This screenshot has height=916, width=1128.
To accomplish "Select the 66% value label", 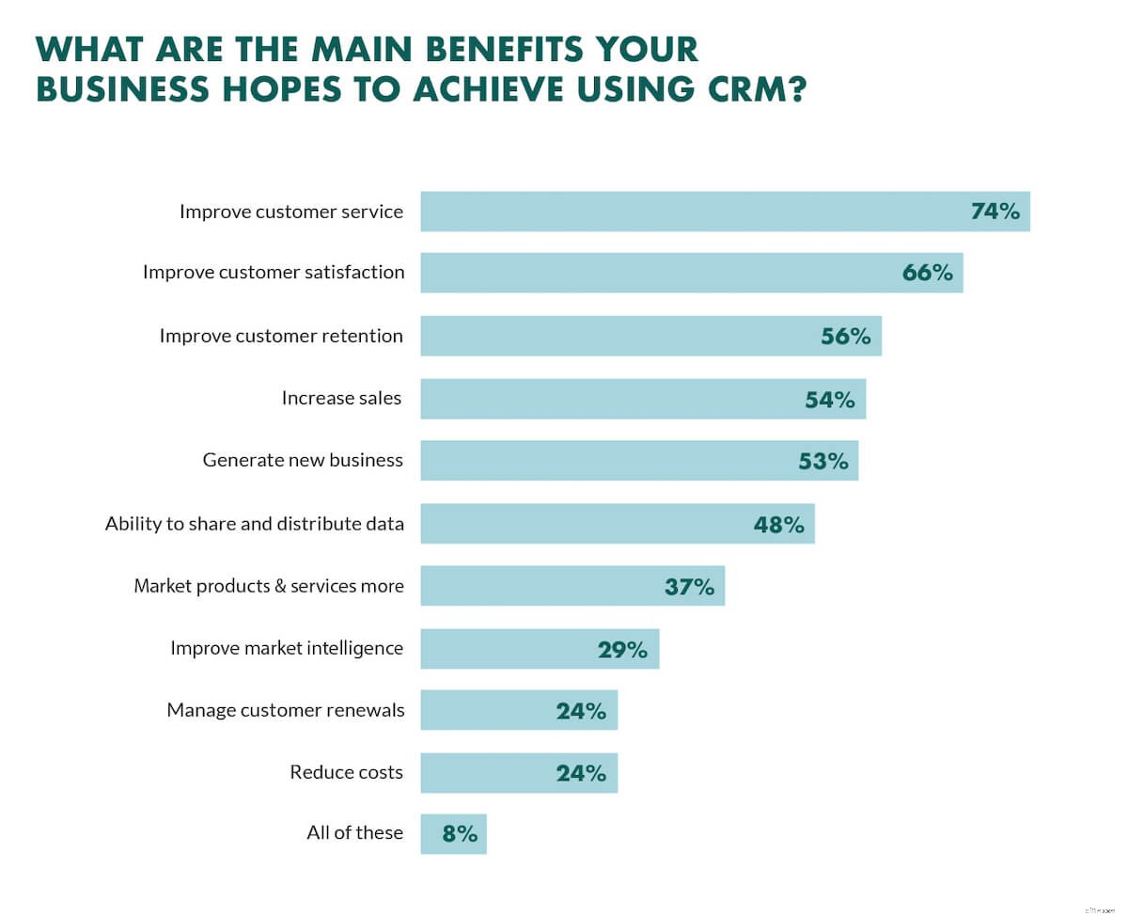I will [927, 273].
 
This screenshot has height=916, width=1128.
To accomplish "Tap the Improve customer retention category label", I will [281, 336].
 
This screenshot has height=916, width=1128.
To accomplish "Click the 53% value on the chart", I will [823, 461].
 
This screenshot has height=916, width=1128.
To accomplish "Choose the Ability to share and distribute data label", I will [255, 524].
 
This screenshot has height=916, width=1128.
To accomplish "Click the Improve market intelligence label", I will [287, 648].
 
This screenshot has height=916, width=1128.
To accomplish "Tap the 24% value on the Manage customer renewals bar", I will [581, 711].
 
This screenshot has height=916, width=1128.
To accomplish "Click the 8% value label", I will [460, 833].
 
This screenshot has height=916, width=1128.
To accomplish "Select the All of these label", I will [354, 833].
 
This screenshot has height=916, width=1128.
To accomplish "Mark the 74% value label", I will [995, 212].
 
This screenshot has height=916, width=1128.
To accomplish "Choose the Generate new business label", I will [303, 461].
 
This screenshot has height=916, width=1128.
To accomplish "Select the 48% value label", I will [778, 524].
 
